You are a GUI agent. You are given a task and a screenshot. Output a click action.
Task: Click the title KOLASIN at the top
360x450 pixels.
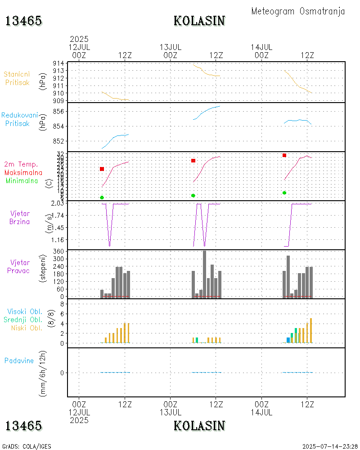(x=199, y=21)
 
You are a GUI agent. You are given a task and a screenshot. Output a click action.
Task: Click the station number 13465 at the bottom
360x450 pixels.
(x=24, y=426)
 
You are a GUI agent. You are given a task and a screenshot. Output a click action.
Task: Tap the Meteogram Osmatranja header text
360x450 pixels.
(x=298, y=11)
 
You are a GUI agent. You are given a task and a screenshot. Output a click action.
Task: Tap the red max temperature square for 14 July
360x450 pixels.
(x=284, y=155)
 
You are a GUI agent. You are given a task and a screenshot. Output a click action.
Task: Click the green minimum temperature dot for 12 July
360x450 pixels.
(x=102, y=198)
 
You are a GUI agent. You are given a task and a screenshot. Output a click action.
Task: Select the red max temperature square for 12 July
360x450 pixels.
(x=102, y=169)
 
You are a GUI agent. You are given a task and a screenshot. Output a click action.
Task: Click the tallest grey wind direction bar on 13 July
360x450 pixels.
(x=205, y=274)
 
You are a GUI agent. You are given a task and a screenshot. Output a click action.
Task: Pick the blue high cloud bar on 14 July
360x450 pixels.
(x=288, y=340)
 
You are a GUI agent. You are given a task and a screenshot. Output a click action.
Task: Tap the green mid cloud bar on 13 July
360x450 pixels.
(x=197, y=340)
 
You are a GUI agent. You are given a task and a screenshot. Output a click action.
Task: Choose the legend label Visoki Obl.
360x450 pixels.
(x=25, y=311)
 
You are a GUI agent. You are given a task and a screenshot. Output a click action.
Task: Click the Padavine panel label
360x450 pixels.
(x=19, y=360)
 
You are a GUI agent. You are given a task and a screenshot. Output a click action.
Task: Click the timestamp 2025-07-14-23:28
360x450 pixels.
(x=330, y=446)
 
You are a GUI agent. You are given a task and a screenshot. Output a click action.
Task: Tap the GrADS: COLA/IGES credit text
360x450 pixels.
(x=27, y=446)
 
